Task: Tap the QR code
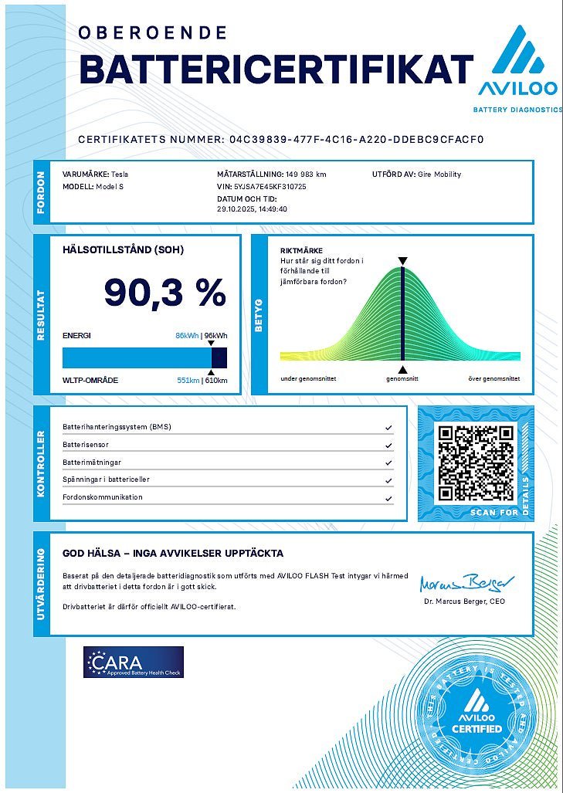click(474, 462)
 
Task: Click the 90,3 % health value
click(165, 293)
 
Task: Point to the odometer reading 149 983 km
click(306, 175)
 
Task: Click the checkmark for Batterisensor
click(388, 446)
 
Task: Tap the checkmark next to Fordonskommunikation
click(388, 498)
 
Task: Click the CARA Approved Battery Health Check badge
click(134, 662)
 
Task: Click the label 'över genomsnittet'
click(494, 379)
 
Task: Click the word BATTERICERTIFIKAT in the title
click(276, 69)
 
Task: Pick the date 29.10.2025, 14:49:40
click(252, 208)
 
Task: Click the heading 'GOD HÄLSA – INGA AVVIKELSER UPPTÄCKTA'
click(172, 553)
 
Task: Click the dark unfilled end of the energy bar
click(219, 358)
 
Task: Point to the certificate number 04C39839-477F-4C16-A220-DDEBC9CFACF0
click(357, 140)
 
